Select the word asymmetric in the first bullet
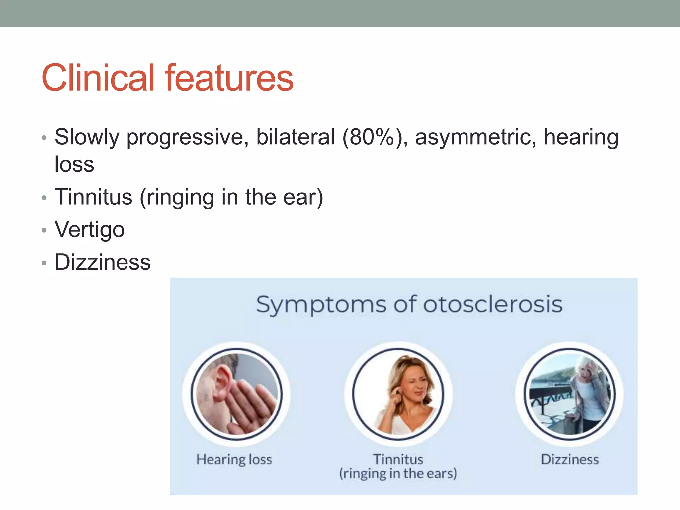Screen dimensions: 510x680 tap(475, 137)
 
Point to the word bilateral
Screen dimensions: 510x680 tap(296, 137)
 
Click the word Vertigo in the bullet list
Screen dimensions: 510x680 tap(90, 229)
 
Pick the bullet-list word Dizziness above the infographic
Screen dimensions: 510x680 tap(103, 262)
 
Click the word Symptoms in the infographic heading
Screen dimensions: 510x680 tap(321, 305)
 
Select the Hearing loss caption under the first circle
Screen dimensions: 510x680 tap(234, 460)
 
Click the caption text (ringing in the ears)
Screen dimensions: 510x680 tap(398, 473)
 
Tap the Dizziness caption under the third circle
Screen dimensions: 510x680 tap(570, 460)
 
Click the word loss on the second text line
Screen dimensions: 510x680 tap(74, 164)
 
